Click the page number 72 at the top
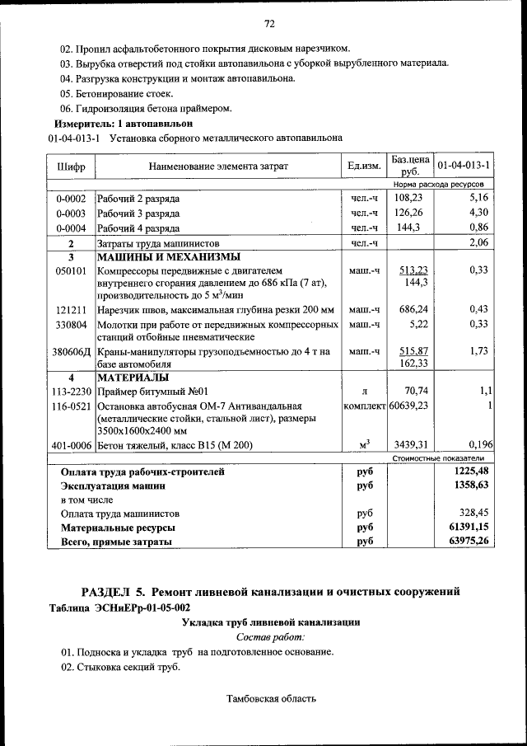(268, 23)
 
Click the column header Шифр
(71, 167)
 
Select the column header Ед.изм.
(364, 167)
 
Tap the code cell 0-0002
(71, 199)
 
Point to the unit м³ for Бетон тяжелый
(364, 446)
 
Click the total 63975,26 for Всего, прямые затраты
(465, 542)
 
